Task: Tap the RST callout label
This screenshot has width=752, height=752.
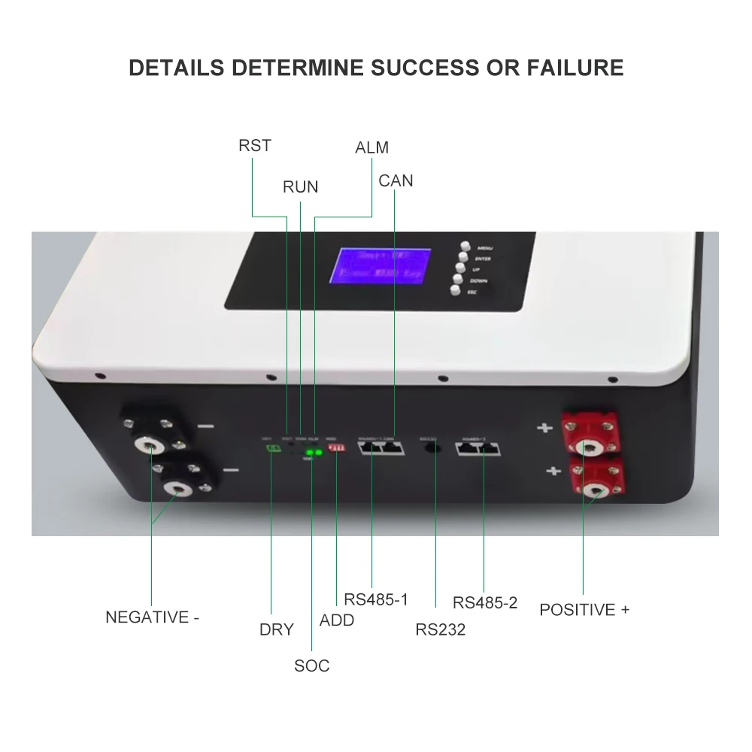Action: tap(254, 145)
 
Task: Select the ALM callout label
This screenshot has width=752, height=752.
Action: tap(371, 147)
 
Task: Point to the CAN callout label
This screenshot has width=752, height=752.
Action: tap(396, 180)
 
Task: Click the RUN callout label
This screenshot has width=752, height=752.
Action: tap(300, 186)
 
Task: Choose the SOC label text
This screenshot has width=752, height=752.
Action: tap(311, 666)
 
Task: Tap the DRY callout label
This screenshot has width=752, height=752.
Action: tap(276, 629)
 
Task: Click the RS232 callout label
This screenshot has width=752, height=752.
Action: tap(440, 629)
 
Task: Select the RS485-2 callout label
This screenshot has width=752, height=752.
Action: tap(485, 602)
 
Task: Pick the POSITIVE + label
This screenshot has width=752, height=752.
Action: tap(584, 609)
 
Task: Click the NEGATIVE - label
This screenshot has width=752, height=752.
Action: tap(152, 617)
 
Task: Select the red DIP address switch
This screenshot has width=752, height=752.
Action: tap(336, 448)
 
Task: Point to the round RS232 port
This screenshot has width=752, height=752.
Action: tap(433, 448)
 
